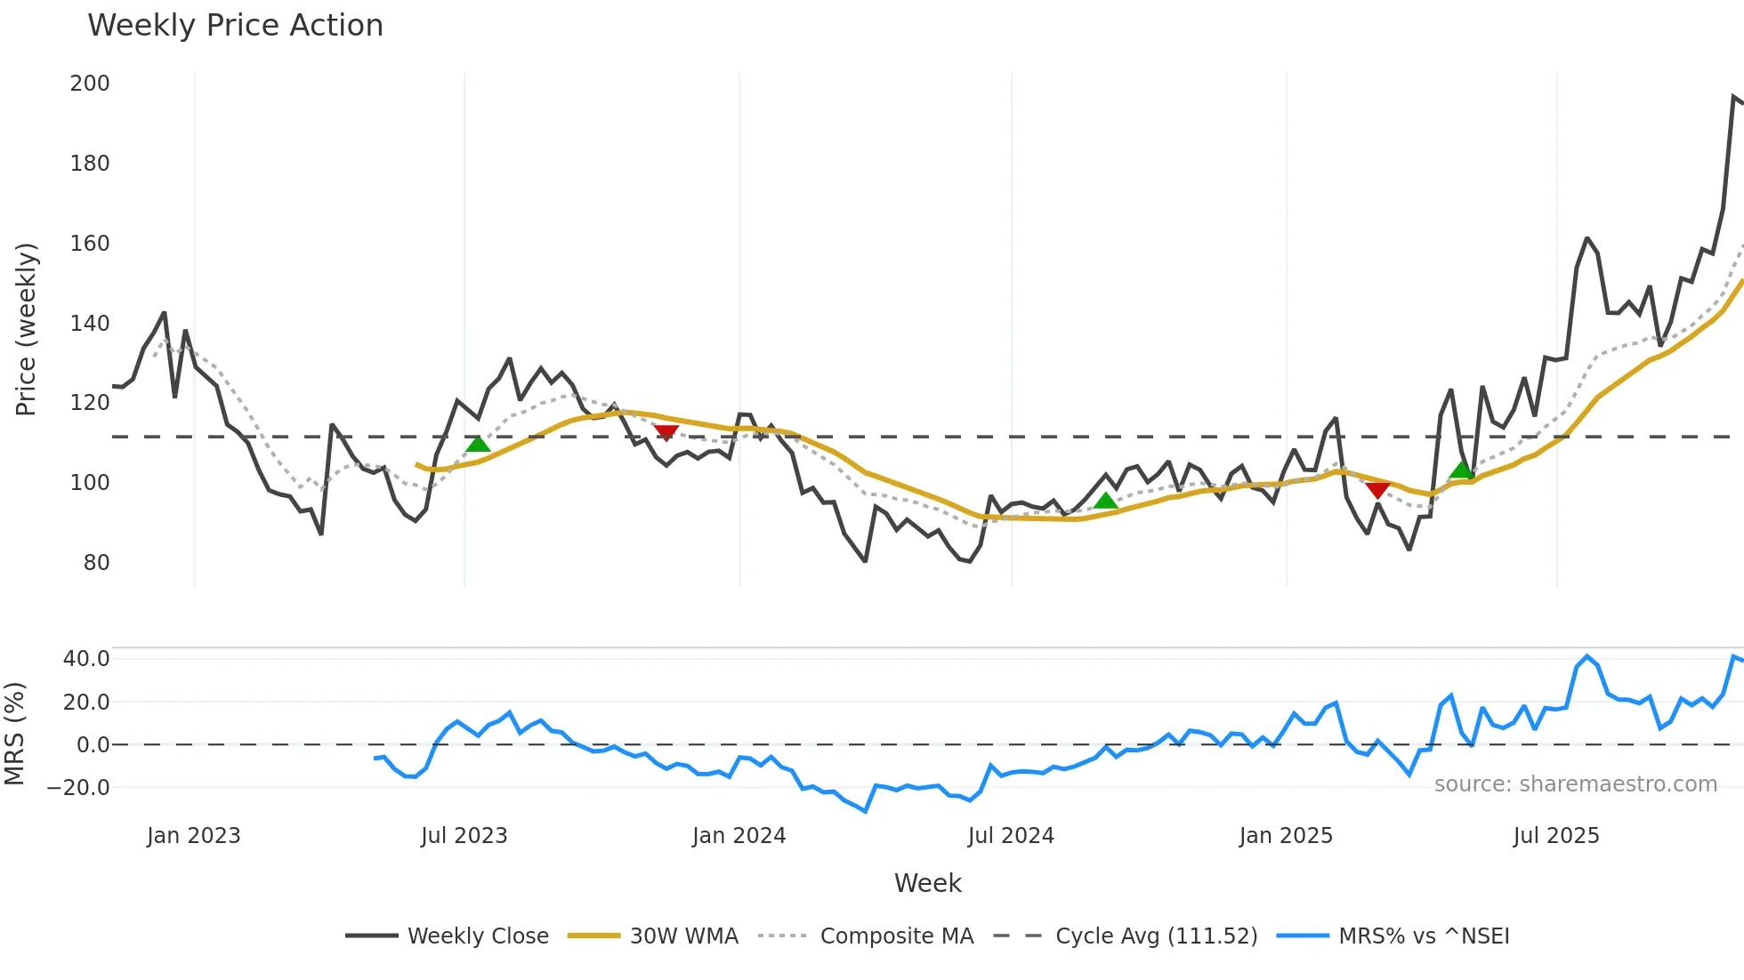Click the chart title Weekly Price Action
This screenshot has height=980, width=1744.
pyautogui.click(x=235, y=26)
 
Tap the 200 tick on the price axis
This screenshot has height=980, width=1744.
pyautogui.click(x=90, y=84)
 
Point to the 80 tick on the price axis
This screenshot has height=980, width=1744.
pyautogui.click(x=96, y=563)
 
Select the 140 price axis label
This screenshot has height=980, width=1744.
pyautogui.click(x=90, y=324)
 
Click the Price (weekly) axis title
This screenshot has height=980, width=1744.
pyautogui.click(x=27, y=329)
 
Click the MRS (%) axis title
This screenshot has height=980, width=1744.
pyautogui.click(x=15, y=734)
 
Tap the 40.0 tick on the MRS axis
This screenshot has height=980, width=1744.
pyautogui.click(x=86, y=659)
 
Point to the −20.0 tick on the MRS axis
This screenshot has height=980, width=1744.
pyautogui.click(x=78, y=788)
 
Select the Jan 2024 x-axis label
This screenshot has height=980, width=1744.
pyautogui.click(x=739, y=836)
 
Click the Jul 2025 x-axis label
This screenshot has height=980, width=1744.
pyautogui.click(x=1556, y=836)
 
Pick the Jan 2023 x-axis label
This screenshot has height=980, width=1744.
pyautogui.click(x=194, y=836)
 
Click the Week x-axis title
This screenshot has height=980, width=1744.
pyautogui.click(x=927, y=883)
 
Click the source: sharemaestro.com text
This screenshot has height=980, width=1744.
pyautogui.click(x=1575, y=784)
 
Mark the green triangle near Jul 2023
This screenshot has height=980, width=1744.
pyautogui.click(x=478, y=444)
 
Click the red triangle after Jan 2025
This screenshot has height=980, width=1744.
pyautogui.click(x=1377, y=490)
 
